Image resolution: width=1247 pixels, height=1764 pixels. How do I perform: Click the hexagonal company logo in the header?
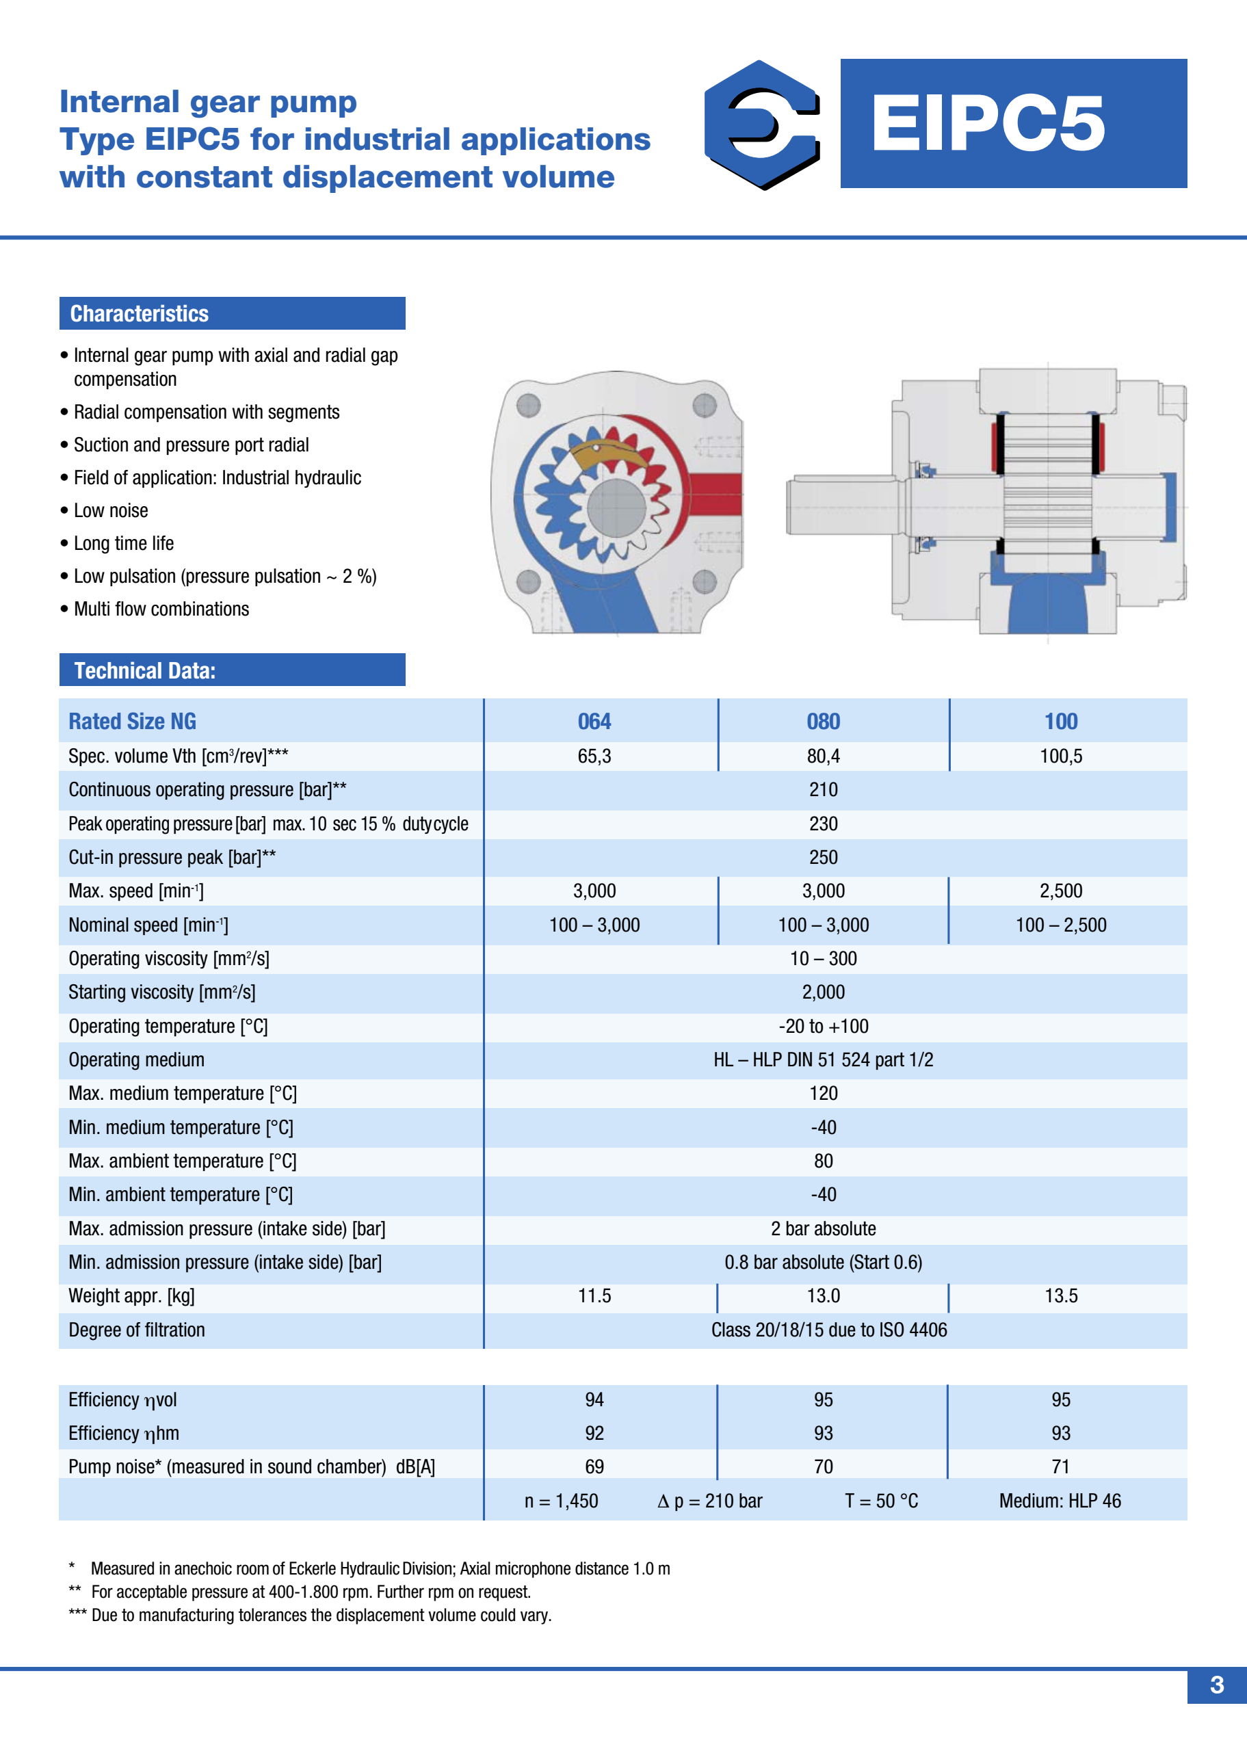click(761, 124)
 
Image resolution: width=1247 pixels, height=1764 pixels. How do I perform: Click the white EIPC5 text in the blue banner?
click(987, 124)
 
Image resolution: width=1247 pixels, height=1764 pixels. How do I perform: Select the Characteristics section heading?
click(139, 313)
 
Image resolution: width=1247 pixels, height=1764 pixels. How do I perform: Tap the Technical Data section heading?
click(144, 671)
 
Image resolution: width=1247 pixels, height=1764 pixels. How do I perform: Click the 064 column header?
click(594, 722)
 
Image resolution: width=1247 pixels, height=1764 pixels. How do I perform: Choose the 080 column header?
click(823, 722)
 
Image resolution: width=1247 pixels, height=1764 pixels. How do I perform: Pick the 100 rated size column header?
click(1060, 722)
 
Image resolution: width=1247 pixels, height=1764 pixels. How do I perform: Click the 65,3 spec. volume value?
click(594, 756)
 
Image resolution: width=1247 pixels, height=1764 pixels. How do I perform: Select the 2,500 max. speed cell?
click(1060, 891)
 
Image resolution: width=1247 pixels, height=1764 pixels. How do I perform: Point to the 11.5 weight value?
click(594, 1296)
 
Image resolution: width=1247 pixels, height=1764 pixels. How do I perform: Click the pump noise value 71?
click(1060, 1466)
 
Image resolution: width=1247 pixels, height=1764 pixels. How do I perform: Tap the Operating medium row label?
click(136, 1060)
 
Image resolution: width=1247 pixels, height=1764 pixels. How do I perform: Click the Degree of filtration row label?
click(136, 1330)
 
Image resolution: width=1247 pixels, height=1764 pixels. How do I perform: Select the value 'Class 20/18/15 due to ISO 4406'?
click(828, 1330)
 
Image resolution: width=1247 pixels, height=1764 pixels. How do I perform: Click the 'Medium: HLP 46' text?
click(1060, 1501)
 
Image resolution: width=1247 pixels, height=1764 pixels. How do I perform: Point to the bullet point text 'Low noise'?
click(111, 511)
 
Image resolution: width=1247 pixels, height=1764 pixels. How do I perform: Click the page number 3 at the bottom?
click(1216, 1685)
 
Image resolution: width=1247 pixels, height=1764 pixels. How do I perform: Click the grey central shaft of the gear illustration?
click(616, 508)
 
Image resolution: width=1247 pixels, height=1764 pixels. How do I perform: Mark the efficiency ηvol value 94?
click(594, 1400)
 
